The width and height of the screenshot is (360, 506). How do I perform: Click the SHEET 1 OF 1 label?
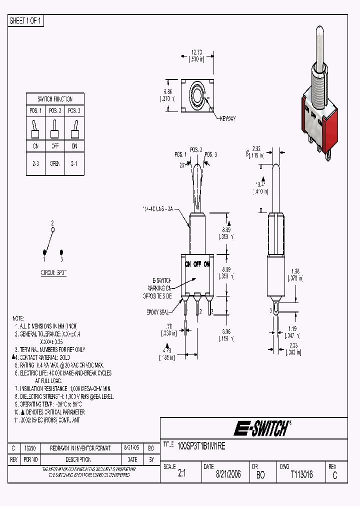tap(26, 20)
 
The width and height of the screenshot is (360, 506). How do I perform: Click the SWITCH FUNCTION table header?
tap(55, 99)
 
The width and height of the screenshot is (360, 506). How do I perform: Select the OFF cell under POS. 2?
tap(55, 146)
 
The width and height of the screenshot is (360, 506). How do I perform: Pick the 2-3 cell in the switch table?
tap(36, 163)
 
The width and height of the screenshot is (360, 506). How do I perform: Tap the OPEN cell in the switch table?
tap(55, 163)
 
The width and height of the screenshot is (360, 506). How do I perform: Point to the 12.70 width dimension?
tap(196, 51)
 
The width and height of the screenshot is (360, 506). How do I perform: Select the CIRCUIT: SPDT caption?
tap(53, 273)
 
